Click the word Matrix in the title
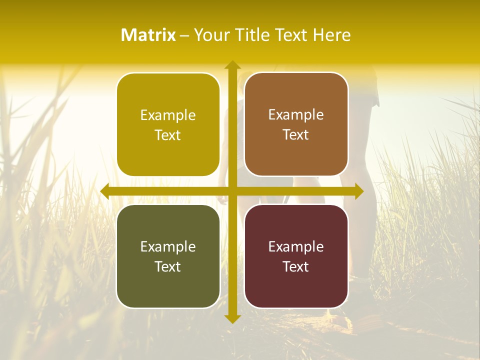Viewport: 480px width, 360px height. pyautogui.click(x=148, y=35)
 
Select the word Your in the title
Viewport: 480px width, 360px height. pyautogui.click(x=210, y=35)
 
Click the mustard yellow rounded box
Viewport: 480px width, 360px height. pyautogui.click(x=168, y=124)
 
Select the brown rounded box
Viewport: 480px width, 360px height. pyautogui.click(x=296, y=124)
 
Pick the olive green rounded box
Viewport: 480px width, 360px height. pyautogui.click(x=168, y=256)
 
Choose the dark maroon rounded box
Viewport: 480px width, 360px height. pyautogui.click(x=296, y=256)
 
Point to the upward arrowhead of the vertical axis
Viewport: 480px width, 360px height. pyautogui.click(x=232, y=65)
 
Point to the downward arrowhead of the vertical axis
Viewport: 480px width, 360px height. pyautogui.click(x=232, y=318)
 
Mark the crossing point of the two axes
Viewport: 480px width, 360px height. pyautogui.click(x=232, y=191)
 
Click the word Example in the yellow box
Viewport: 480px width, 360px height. pyautogui.click(x=168, y=115)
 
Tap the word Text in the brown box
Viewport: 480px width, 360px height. pyautogui.click(x=296, y=135)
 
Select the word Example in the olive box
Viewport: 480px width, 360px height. pyautogui.click(x=168, y=247)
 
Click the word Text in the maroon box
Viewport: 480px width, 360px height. pyautogui.click(x=296, y=267)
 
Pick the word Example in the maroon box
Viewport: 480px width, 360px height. pyautogui.click(x=296, y=247)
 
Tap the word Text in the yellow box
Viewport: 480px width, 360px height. pyautogui.click(x=168, y=135)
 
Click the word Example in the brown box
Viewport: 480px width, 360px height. pyautogui.click(x=296, y=115)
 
